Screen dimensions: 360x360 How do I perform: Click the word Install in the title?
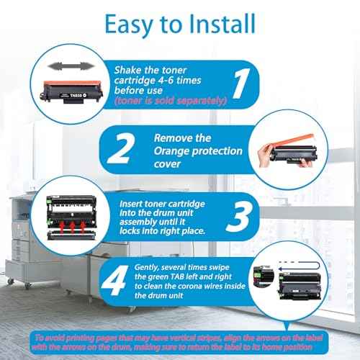tap(222, 24)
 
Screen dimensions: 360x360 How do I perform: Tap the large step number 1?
tap(241, 83)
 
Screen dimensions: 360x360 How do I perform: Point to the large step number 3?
tap(239, 217)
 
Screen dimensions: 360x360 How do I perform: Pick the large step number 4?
tap(114, 280)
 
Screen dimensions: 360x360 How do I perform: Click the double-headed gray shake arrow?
tap(70, 66)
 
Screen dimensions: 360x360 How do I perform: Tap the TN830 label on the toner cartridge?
tap(76, 96)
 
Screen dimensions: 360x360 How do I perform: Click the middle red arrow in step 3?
tap(72, 227)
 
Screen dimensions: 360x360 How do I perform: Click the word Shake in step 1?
tap(127, 71)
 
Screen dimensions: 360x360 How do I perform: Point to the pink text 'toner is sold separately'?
tap(171, 101)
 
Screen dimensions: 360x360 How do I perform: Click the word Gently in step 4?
tap(146, 268)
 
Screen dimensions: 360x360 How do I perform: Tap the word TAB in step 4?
tap(177, 276)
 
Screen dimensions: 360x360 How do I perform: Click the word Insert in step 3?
tap(131, 204)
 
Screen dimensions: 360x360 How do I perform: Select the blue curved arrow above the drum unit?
tap(300, 266)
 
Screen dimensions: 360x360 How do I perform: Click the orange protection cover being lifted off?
tap(293, 140)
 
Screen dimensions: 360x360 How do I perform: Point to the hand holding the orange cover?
tap(264, 155)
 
